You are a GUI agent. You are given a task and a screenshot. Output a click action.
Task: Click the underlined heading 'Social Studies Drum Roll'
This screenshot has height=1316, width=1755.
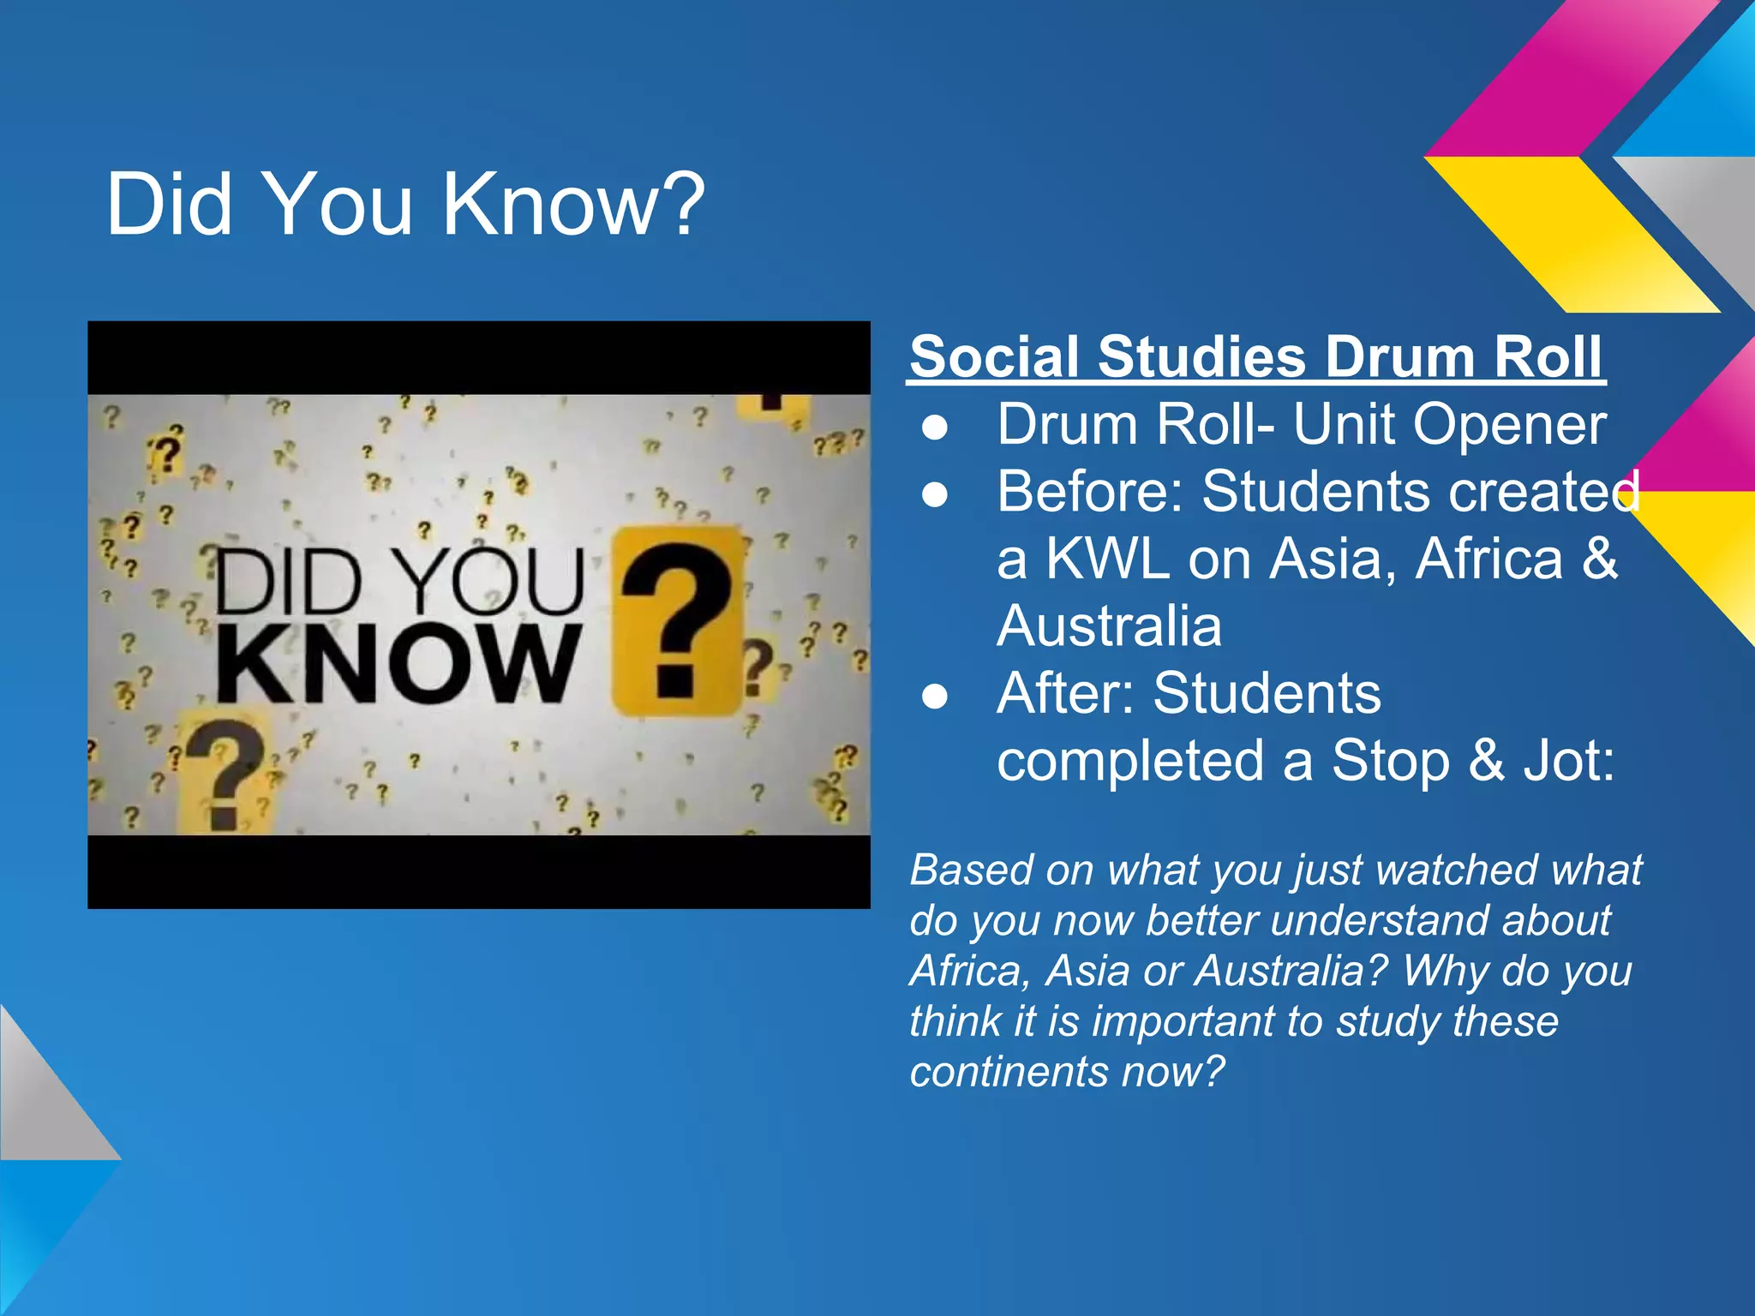tap(1256, 356)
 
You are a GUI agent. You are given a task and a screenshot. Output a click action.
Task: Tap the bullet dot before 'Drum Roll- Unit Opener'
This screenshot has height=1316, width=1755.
tap(936, 426)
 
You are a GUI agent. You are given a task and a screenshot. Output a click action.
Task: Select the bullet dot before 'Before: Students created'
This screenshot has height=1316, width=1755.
tap(936, 493)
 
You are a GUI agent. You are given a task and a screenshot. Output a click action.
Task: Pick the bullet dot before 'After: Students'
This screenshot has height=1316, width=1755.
tap(936, 695)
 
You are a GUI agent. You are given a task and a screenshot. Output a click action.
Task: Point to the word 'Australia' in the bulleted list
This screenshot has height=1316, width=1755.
tap(1109, 626)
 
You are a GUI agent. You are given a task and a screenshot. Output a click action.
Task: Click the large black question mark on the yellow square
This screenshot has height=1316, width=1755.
tap(677, 621)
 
